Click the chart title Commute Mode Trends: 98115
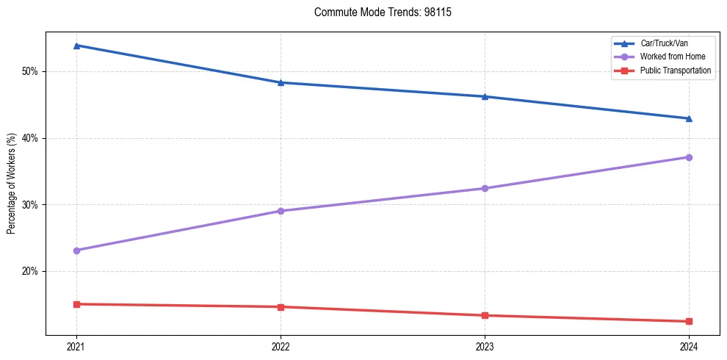(377, 12)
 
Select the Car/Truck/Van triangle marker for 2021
(76, 46)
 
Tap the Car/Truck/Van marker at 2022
(281, 82)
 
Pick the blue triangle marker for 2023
(485, 96)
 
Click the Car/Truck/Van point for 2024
(689, 118)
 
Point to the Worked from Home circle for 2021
(76, 251)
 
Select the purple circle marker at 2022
(281, 211)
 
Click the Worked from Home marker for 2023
(485, 188)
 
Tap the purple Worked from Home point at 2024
(689, 157)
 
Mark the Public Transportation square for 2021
(76, 304)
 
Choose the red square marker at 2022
(281, 307)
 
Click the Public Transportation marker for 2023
(485, 316)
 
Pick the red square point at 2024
(689, 321)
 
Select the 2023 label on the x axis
(485, 347)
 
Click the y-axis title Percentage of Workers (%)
(11, 184)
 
